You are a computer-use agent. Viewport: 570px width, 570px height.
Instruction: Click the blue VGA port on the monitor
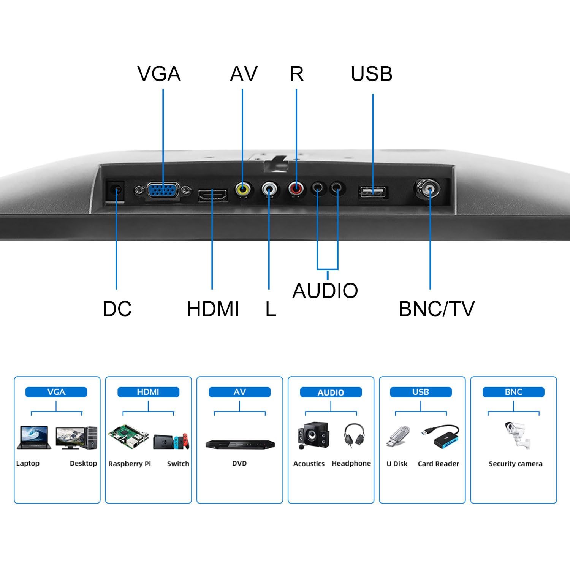click(x=163, y=190)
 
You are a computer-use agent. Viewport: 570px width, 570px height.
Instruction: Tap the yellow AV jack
click(x=242, y=188)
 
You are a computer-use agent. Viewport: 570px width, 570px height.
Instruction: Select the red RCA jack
click(x=296, y=188)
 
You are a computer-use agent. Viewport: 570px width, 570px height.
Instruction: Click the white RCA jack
click(x=269, y=188)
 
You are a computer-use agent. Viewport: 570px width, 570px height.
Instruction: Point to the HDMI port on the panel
click(x=212, y=195)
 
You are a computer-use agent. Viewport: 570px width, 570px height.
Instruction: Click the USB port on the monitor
click(x=373, y=192)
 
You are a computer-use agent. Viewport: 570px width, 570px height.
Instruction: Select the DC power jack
click(x=116, y=189)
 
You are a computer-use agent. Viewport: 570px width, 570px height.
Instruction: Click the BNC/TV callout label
click(x=437, y=309)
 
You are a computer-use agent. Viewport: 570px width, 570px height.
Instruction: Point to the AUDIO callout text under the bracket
click(x=325, y=291)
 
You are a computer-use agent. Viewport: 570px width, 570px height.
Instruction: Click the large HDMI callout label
click(x=213, y=309)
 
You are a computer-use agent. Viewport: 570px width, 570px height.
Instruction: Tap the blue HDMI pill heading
click(x=148, y=392)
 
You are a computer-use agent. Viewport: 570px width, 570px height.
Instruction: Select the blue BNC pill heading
click(x=513, y=392)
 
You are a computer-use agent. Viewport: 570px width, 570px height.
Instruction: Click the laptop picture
click(x=34, y=438)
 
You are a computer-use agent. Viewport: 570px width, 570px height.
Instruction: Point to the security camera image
click(x=516, y=435)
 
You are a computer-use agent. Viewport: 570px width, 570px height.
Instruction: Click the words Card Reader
click(x=438, y=464)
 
